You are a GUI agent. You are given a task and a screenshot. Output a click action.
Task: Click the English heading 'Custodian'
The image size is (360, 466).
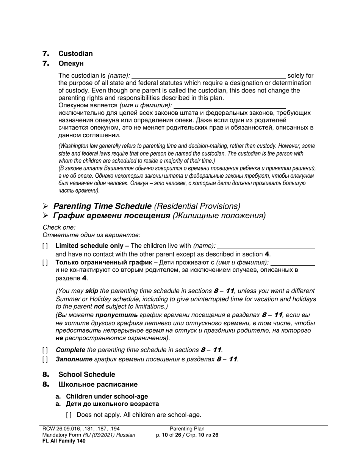point(75,53)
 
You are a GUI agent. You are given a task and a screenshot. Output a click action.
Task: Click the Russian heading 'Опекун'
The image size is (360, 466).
point(71,63)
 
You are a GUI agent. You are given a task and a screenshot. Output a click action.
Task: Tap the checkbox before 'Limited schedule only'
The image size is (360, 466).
point(45,246)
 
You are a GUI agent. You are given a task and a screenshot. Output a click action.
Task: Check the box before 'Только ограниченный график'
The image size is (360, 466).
point(45,262)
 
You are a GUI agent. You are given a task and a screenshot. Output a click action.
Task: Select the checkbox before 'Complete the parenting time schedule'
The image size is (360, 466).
point(45,350)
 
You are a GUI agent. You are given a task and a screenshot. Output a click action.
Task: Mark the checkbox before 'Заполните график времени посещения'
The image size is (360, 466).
point(45,359)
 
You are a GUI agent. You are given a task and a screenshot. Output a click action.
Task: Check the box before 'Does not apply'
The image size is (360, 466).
point(69,415)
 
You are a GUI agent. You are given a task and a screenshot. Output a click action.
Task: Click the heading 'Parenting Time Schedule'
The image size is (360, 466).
point(102,206)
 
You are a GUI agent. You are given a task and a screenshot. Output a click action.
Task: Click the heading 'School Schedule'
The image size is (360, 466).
point(87,374)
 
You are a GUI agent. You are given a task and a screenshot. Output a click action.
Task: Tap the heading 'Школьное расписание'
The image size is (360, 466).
point(98,385)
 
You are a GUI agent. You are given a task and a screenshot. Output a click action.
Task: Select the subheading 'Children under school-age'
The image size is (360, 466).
point(107,396)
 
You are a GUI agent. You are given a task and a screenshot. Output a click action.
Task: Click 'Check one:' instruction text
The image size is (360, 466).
point(59,227)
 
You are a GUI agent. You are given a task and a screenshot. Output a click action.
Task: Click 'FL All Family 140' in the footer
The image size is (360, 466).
point(64,441)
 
